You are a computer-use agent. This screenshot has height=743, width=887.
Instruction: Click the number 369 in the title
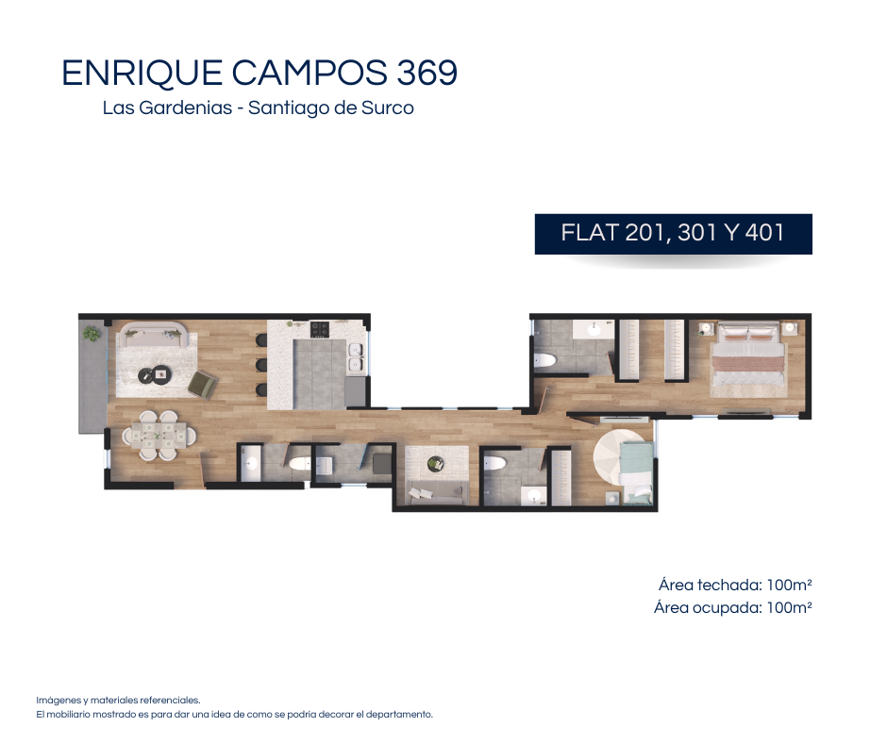coord(427,73)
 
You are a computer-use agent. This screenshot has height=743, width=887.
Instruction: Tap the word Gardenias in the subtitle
coord(186,107)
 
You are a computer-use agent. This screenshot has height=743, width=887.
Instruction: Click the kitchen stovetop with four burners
coord(319,328)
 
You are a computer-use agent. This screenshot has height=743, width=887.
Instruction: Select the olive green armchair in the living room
coord(202,385)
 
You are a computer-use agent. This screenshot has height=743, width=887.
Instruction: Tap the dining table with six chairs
coord(159,435)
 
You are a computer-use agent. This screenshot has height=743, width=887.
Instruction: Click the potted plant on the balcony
coord(92,334)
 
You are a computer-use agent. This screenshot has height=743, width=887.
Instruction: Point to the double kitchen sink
coord(356,357)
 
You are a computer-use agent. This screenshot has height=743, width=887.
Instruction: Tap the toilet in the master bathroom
coord(544,360)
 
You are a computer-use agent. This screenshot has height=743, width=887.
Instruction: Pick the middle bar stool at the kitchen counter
coord(261,365)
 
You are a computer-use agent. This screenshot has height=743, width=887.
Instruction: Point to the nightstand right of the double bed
coord(790,328)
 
